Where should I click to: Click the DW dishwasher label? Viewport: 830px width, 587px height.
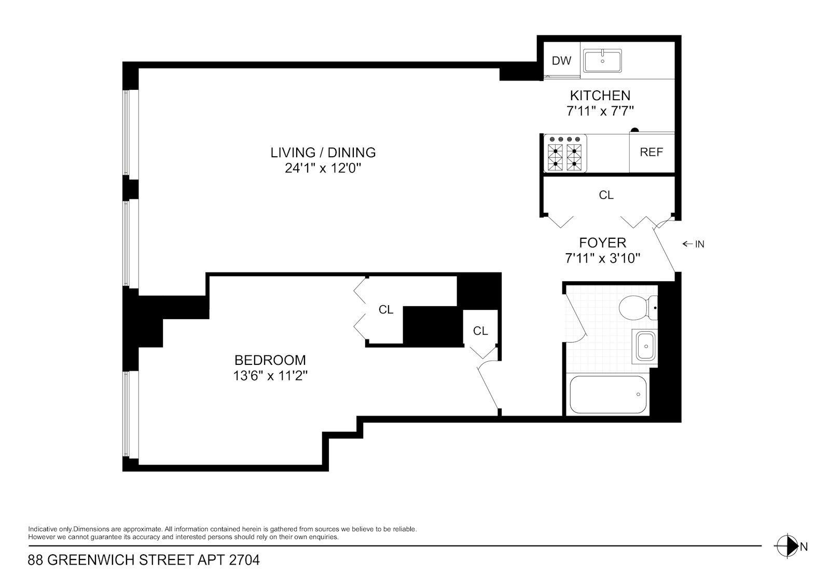point(561,60)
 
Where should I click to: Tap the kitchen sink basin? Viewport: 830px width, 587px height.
point(602,61)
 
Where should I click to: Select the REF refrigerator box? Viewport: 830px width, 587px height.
point(652,153)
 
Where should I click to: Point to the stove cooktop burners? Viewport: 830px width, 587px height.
point(565,154)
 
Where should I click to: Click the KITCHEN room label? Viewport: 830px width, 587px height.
point(600,95)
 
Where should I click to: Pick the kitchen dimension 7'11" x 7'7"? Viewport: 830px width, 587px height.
point(600,111)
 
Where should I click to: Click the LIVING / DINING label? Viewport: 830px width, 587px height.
point(323,153)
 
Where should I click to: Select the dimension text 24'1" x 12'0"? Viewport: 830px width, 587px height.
point(323,168)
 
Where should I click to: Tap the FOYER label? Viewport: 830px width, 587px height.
point(602,243)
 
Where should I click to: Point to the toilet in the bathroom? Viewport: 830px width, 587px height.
point(638,308)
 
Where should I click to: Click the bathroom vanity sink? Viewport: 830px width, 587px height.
point(645,346)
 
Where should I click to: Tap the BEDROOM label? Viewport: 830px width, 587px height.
point(270,360)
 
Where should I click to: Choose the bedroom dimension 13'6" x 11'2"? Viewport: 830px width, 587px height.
point(270,376)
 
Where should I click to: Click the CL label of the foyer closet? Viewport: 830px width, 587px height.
point(606,195)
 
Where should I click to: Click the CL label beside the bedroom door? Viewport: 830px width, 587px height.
point(480,331)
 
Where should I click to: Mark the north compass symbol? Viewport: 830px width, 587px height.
point(787,546)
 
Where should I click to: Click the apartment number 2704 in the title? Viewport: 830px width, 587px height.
point(244,560)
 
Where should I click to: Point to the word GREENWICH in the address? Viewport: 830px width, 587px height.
point(91,560)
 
